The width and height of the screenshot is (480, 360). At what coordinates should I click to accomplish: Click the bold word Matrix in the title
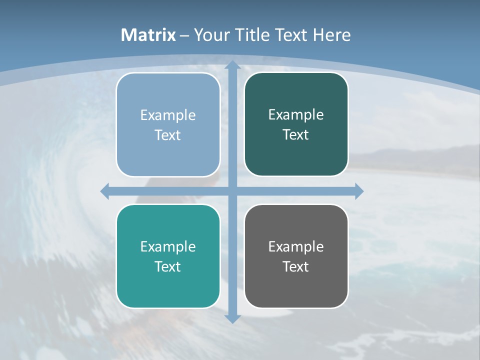(148, 35)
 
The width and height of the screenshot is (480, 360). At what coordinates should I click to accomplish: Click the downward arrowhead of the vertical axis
(232, 318)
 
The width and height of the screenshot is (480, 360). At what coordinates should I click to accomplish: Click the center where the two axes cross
(232, 191)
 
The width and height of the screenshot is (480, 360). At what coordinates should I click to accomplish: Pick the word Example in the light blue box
(168, 115)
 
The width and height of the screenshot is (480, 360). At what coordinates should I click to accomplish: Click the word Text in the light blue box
(168, 135)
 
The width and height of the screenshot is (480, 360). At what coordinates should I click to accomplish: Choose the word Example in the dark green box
(296, 115)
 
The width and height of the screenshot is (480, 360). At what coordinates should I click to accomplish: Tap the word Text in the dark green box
(296, 135)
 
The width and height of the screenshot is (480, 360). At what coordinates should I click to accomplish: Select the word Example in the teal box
(168, 247)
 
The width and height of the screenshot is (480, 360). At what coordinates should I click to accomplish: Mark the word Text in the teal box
(168, 267)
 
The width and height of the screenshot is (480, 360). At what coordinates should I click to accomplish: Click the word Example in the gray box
(296, 247)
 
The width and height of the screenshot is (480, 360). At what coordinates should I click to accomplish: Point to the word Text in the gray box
(296, 267)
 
